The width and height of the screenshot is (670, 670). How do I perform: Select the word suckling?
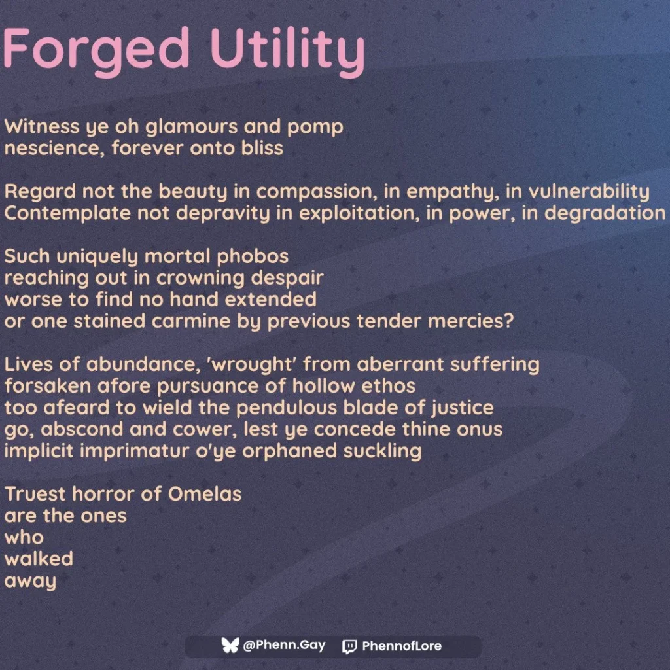(381, 451)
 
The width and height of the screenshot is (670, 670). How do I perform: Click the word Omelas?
(205, 493)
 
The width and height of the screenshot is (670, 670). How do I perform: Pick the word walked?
(39, 559)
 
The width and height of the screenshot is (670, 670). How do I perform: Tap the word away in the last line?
(31, 582)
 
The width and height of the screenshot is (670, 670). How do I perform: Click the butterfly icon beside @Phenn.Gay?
(230, 646)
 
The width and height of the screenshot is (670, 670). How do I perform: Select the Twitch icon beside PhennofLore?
(349, 646)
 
